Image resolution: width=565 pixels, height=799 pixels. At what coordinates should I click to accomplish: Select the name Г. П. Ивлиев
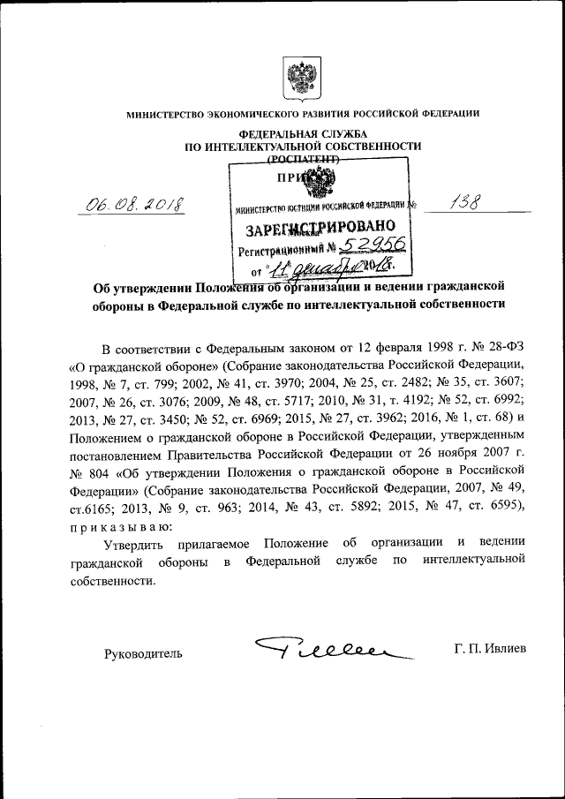490,649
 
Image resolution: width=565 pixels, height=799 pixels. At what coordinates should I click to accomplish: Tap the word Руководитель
144,654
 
